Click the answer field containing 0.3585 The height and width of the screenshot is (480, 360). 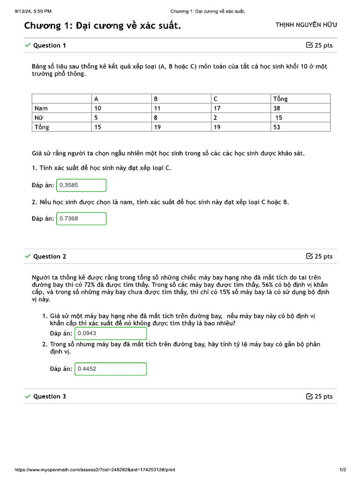81,185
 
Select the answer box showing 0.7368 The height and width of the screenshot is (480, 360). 81,218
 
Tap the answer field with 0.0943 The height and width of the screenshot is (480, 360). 110,333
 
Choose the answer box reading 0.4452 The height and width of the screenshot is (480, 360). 110,369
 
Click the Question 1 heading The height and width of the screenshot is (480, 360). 49,45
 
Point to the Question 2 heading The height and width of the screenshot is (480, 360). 49,256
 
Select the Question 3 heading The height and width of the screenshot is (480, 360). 49,397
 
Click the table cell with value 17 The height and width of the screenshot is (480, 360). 217,108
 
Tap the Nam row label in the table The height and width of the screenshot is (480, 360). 41,108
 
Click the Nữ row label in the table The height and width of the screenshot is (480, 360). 39,118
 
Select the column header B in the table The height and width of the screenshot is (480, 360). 156,99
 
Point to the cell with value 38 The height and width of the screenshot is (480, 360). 277,108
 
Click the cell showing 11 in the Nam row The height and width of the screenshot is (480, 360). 157,108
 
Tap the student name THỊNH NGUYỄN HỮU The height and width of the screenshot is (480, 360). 306,25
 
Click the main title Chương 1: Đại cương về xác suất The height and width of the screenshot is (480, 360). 103,25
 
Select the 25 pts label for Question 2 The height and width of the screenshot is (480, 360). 319,256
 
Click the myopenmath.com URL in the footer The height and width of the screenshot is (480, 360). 95,470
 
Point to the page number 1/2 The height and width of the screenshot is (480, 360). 343,470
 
